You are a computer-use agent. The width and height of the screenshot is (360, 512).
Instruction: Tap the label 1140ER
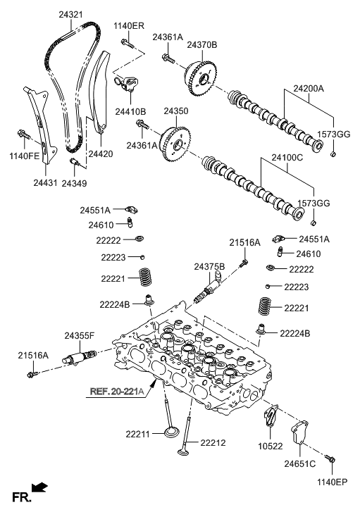(129, 26)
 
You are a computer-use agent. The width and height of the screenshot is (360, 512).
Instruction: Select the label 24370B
(202, 44)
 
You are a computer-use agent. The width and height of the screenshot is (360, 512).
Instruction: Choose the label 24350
(176, 111)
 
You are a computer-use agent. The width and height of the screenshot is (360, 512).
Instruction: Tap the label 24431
(44, 182)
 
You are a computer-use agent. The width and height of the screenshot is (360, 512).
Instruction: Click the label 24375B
(209, 266)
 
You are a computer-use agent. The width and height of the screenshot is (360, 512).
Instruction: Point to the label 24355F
(80, 335)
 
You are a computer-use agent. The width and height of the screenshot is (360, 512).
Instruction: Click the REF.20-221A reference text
(116, 392)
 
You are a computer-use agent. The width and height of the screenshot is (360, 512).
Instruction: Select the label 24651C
(299, 465)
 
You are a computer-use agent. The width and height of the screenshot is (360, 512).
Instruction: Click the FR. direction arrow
(40, 487)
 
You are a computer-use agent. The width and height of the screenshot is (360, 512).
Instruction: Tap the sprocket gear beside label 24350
(174, 143)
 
